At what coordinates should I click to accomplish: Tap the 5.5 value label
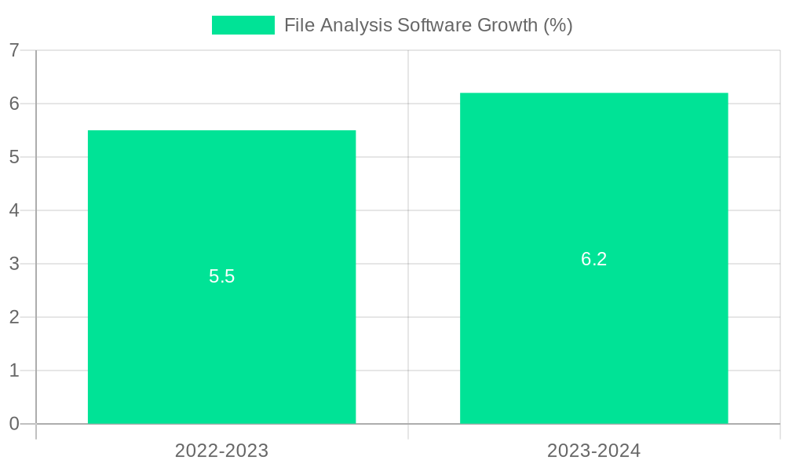click(x=221, y=276)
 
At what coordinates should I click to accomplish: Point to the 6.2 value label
click(x=593, y=259)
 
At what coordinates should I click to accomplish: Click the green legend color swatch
click(x=243, y=25)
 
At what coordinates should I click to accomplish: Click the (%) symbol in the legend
click(x=558, y=25)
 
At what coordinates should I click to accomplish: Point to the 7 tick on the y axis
click(x=14, y=50)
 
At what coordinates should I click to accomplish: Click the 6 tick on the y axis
click(x=14, y=104)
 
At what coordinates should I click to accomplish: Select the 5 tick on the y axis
click(x=14, y=157)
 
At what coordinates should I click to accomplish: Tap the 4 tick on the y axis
click(x=14, y=210)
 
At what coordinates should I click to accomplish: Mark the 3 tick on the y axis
click(x=14, y=264)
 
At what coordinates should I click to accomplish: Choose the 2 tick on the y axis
click(x=14, y=317)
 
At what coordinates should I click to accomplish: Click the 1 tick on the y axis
click(x=14, y=371)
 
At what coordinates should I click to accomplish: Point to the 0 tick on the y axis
click(x=14, y=424)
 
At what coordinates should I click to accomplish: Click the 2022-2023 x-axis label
click(x=221, y=451)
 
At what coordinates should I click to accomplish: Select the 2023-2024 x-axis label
click(x=593, y=451)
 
